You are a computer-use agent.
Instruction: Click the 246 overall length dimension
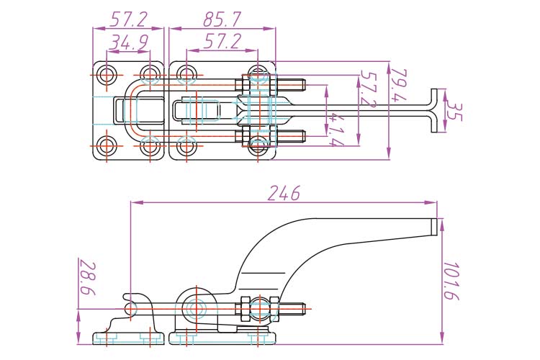(x=284, y=193)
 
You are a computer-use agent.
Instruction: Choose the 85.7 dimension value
(x=221, y=19)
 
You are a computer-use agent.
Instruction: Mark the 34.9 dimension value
(x=128, y=43)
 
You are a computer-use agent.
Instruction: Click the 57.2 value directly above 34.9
(x=128, y=19)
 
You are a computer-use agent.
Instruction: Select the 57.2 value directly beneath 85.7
(x=221, y=42)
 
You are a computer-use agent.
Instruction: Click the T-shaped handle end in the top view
(x=436, y=110)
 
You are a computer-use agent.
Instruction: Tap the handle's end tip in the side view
(x=434, y=226)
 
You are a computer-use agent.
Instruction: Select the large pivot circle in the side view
(x=194, y=308)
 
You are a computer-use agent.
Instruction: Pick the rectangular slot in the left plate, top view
(x=120, y=109)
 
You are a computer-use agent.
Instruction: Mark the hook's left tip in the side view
(x=126, y=297)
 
